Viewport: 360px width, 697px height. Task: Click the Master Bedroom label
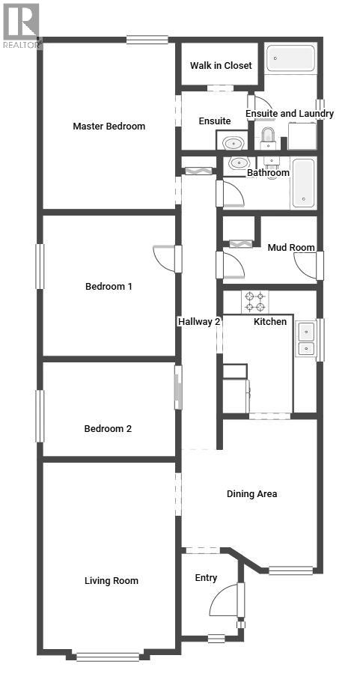(109, 126)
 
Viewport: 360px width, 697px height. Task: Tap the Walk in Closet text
(221, 66)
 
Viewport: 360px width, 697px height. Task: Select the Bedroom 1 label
(109, 286)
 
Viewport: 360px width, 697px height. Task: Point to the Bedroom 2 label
(108, 428)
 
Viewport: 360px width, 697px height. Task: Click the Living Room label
(111, 580)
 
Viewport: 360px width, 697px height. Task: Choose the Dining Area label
(252, 493)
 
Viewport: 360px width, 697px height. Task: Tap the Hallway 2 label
(199, 321)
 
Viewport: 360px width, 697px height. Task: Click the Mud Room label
(291, 247)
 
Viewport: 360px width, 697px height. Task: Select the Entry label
(206, 577)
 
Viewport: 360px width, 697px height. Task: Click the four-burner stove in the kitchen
(254, 302)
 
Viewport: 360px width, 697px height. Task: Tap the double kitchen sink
(305, 339)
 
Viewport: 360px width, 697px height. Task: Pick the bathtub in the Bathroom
(304, 183)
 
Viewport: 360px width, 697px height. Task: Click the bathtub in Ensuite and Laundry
(291, 58)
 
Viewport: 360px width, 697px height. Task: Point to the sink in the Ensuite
(235, 141)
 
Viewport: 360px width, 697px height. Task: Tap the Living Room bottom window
(108, 657)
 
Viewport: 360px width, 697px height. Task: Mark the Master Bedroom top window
(147, 40)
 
